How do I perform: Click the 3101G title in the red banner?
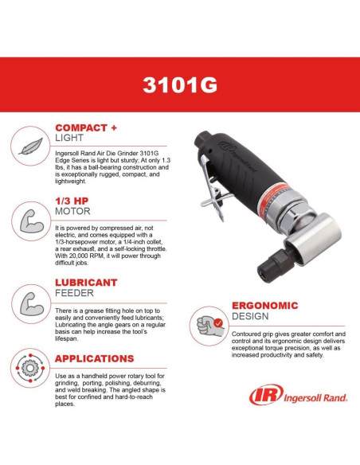coord(179,85)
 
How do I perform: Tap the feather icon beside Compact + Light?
coord(28,147)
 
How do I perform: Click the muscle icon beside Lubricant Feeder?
coord(28,303)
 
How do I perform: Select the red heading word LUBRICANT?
coord(85,283)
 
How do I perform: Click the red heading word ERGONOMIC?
coord(264,305)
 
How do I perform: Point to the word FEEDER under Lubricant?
coord(74,293)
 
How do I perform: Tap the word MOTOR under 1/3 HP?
coord(72,212)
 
